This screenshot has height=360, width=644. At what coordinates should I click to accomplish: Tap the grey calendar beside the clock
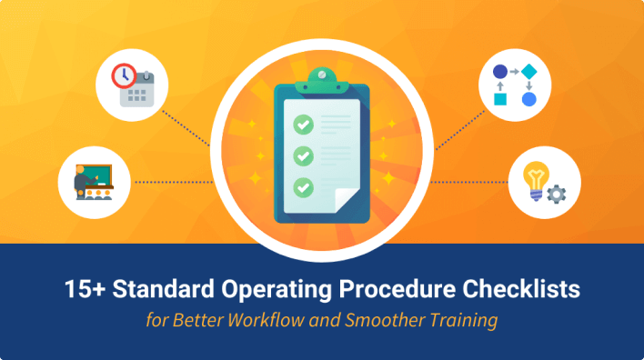[x=138, y=91]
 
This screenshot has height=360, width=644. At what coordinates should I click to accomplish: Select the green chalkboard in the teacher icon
[x=97, y=173]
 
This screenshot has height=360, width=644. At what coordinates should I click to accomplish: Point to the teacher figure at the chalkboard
[x=80, y=182]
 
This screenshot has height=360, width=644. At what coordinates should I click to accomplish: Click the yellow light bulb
[x=537, y=177]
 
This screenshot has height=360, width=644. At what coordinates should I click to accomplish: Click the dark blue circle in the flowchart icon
[x=499, y=71]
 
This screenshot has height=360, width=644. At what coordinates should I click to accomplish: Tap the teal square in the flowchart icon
[x=499, y=98]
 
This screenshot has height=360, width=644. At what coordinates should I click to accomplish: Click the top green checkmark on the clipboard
[x=302, y=121]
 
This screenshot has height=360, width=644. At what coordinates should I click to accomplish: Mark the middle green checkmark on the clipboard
[x=302, y=155]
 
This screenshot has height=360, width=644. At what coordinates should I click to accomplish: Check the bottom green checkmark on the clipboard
[x=302, y=187]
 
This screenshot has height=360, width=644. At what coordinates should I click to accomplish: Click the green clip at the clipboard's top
[x=322, y=77]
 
